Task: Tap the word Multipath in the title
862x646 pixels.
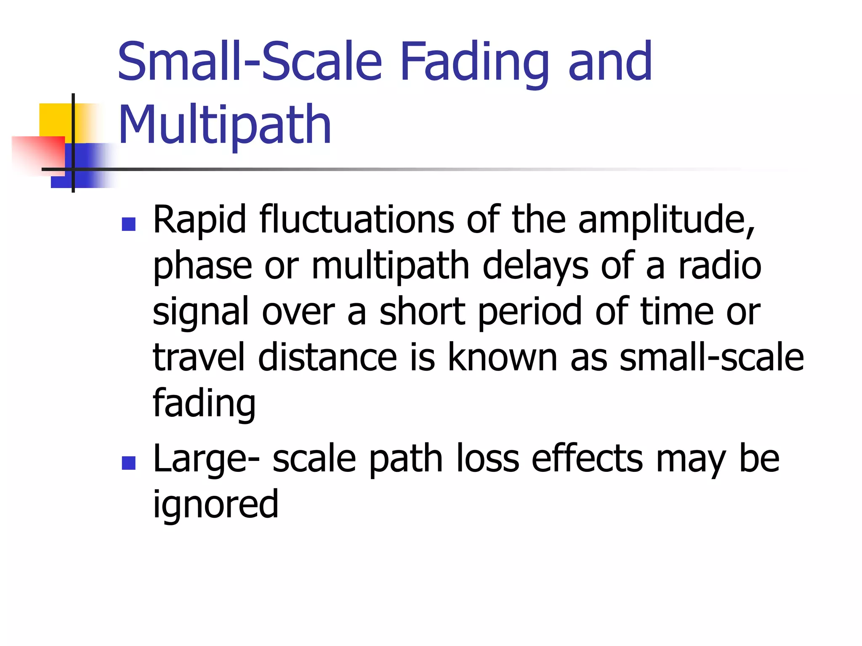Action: pos(225,125)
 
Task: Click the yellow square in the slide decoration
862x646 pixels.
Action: pos(55,120)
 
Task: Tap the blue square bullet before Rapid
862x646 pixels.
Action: pos(128,224)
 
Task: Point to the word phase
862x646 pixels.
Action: pos(202,267)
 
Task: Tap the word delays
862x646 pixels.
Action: pos(535,267)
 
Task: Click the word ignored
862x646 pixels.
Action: pos(215,505)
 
